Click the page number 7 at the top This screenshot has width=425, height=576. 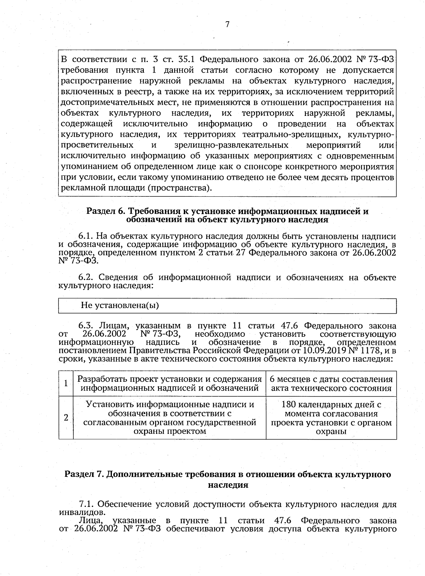[x=227, y=24]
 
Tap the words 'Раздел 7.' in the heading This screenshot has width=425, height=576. [x=84, y=474]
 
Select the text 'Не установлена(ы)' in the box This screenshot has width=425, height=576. [x=120, y=305]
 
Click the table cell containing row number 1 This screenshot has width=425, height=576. [x=66, y=383]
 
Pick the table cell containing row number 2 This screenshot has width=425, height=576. [x=66, y=418]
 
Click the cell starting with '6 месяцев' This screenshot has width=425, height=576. [x=331, y=384]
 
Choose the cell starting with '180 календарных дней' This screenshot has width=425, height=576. [x=331, y=418]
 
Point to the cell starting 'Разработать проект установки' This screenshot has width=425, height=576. [x=170, y=384]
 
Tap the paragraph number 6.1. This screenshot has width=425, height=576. [x=85, y=236]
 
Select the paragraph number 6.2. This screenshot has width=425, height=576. [x=85, y=277]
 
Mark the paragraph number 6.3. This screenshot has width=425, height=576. [x=85, y=326]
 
